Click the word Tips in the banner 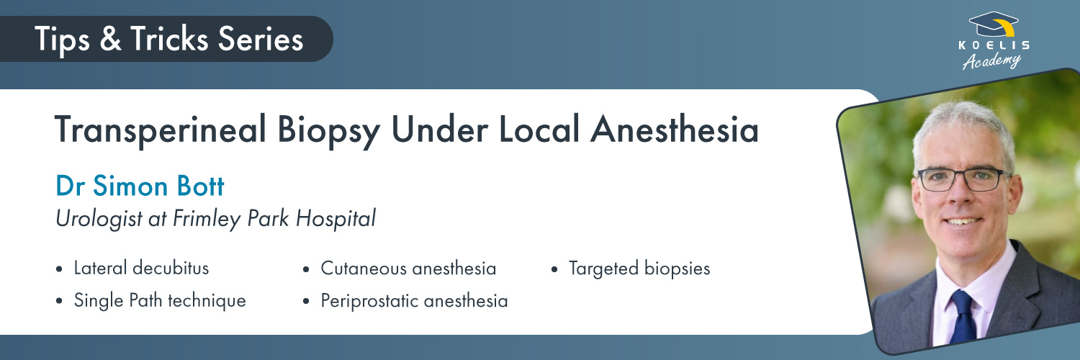(62, 40)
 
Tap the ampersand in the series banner (110, 39)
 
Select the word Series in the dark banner (261, 39)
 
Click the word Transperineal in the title (161, 130)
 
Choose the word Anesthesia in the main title (675, 129)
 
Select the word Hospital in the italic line (336, 218)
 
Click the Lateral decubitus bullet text (141, 268)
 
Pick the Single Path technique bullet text (160, 301)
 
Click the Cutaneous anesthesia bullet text (408, 269)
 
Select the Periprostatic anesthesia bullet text (414, 301)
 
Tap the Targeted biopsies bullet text (639, 269)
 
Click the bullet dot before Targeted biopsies (554, 269)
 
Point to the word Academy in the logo (991, 60)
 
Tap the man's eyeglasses (962, 180)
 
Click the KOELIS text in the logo (994, 45)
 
